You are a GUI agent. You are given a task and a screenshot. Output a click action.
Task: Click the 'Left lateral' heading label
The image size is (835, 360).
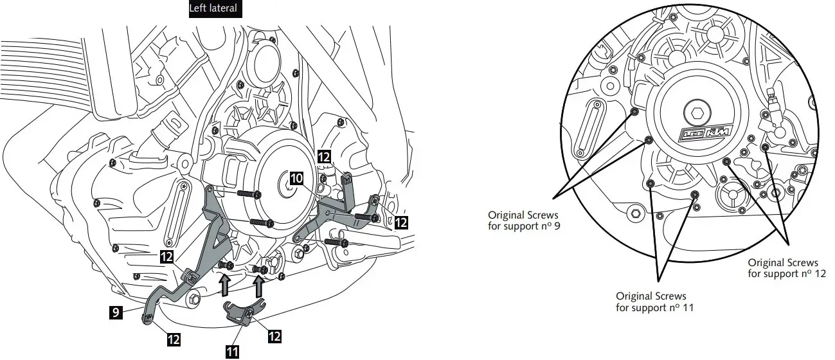coord(213,9)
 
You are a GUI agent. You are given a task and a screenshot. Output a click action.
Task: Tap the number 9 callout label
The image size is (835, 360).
coord(114,313)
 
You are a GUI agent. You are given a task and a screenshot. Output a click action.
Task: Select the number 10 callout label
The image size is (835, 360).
coord(296,179)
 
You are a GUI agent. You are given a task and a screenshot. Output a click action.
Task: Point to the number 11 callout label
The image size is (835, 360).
coord(232,351)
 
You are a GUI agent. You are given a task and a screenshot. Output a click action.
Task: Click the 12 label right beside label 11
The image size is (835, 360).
coord(274,336)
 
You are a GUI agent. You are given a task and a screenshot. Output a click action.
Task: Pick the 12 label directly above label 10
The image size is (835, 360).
coord(325,156)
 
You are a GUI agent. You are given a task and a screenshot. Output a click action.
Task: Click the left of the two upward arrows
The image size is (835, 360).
coord(224,282)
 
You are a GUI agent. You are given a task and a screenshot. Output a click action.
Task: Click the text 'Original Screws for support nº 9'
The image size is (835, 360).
coord(523,221)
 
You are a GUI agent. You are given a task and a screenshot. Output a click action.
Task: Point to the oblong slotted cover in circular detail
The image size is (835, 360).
coord(590,129)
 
